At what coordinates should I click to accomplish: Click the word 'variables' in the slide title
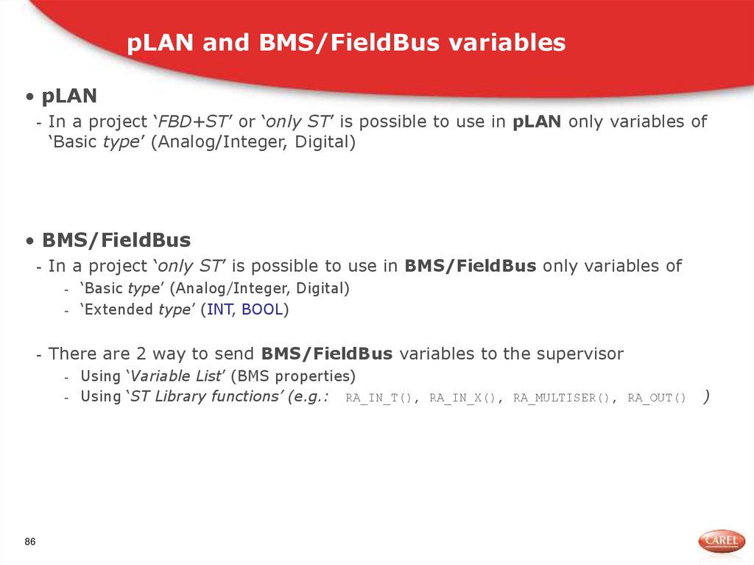point(507,43)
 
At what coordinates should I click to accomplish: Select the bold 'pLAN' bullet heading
point(70,96)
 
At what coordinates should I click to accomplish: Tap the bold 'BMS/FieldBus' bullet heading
point(116,240)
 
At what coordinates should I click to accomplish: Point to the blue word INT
point(219,309)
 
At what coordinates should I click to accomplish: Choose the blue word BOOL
point(262,309)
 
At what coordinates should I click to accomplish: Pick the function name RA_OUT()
point(657,399)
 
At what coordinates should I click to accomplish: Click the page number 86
point(30,542)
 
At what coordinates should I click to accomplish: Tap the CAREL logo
point(721,541)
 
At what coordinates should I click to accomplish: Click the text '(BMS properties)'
point(292,376)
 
